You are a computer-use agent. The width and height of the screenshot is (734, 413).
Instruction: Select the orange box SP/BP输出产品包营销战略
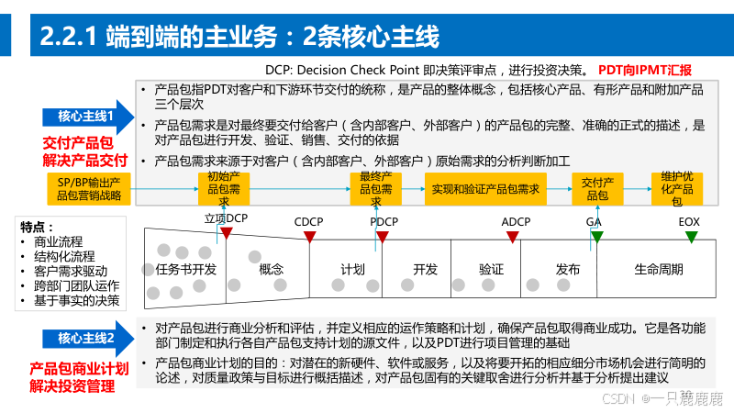(89, 187)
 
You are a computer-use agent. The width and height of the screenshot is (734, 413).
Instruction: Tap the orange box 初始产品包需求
(224, 187)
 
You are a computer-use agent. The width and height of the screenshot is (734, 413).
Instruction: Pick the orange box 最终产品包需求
(377, 187)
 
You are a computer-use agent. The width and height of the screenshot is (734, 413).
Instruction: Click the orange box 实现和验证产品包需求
(485, 187)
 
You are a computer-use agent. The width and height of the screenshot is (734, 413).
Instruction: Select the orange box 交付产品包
(597, 187)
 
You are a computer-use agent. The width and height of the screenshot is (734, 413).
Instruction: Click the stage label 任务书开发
(186, 270)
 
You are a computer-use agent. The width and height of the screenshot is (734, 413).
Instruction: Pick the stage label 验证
(491, 270)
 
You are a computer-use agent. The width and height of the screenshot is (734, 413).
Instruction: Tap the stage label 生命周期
(659, 270)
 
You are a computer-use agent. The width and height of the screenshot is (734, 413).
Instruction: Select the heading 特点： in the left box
(39, 227)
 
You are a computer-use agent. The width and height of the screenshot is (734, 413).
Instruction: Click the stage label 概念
(272, 270)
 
